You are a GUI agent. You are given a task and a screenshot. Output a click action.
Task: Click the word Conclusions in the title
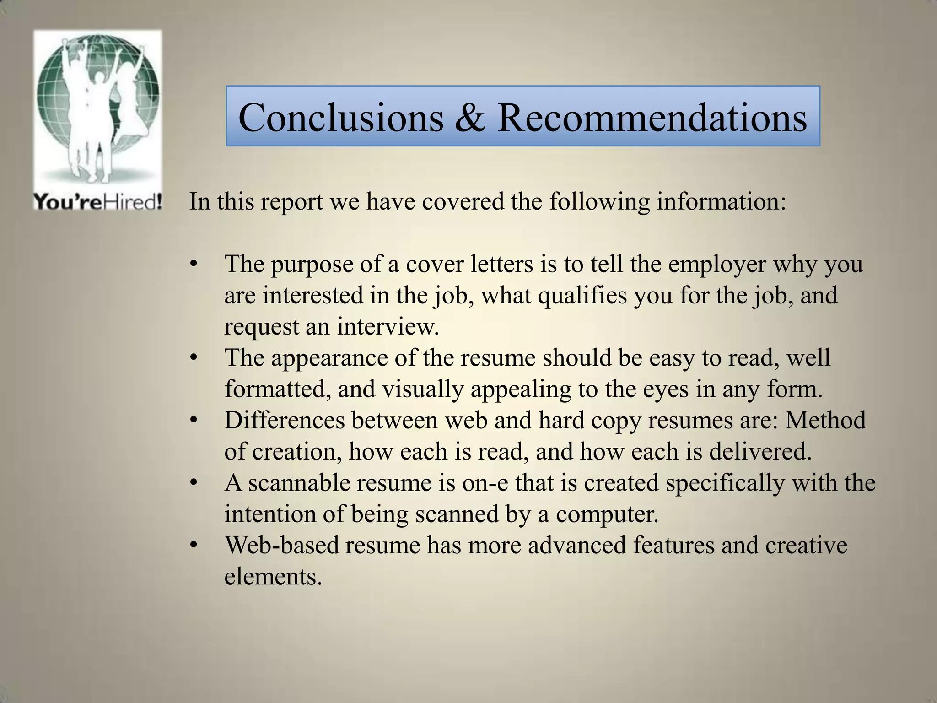[x=340, y=117]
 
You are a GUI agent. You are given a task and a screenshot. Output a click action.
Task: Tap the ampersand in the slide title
[x=469, y=117]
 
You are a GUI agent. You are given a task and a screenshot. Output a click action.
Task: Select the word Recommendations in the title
[x=652, y=117]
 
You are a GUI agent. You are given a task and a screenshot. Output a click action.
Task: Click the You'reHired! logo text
[x=97, y=202]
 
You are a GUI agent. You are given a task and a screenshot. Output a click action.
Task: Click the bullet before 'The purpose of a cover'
[x=194, y=265]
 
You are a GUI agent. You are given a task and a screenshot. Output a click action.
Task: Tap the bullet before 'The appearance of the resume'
[x=194, y=358]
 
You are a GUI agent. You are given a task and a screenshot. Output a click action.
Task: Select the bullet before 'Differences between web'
[x=194, y=421]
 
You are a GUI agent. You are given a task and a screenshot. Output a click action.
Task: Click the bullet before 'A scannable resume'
[x=194, y=483]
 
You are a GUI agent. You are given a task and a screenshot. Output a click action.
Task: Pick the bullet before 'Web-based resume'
[x=194, y=546]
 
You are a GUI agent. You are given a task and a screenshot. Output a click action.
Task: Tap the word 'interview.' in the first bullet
[x=388, y=327]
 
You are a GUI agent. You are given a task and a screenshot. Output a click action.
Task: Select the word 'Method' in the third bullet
[x=825, y=421]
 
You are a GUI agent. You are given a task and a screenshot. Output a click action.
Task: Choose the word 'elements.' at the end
[x=273, y=577]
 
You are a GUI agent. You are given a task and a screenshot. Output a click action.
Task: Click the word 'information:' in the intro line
[x=722, y=202]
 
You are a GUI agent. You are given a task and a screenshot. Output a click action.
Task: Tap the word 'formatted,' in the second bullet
[x=278, y=389]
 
